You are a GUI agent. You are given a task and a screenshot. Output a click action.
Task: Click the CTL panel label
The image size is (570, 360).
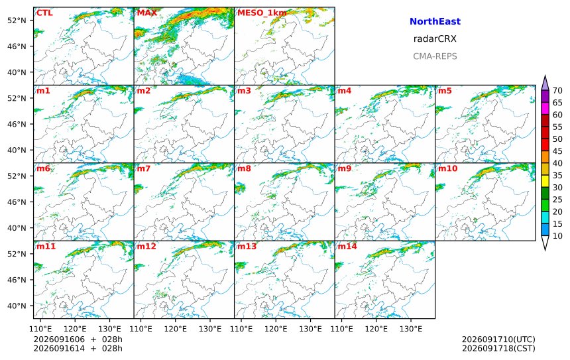coord(44,13)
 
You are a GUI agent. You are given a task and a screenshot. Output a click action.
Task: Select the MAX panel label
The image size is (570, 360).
coord(147,13)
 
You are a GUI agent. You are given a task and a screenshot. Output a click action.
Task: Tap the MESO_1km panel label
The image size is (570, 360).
coord(262,13)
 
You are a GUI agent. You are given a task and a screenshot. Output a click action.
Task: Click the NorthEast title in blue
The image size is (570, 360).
coord(435,21)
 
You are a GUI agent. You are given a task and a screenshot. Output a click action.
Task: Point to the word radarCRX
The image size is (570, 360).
coord(435,39)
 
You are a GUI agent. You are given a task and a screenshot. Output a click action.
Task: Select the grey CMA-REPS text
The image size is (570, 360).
coord(435,56)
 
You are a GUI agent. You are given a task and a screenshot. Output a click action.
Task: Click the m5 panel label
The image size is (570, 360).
coord(445,91)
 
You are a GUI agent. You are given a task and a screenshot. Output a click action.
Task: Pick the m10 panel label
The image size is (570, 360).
coord(447,168)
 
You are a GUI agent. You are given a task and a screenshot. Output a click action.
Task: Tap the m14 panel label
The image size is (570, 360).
coord(347,246)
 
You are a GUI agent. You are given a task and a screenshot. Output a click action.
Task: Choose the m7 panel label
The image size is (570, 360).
coord(143,168)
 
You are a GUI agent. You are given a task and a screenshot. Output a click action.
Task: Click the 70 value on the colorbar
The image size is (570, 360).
coord(557,91)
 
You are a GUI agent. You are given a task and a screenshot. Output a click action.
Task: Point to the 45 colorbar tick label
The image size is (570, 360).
coord(557,151)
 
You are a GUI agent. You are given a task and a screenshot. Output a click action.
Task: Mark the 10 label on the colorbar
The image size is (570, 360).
coord(557,236)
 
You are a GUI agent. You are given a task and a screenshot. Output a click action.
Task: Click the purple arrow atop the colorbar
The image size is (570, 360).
coord(545,83)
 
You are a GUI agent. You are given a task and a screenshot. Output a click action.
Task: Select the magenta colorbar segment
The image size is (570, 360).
coord(545,108)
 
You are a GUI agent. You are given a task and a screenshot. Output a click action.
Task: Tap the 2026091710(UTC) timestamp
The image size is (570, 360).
coord(498,339)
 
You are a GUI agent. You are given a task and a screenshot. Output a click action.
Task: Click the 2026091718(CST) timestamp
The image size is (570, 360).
coord(498,348)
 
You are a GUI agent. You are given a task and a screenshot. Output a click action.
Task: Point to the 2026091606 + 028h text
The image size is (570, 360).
coord(78,339)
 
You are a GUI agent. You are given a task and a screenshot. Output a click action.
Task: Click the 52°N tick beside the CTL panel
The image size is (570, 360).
coord(17,21)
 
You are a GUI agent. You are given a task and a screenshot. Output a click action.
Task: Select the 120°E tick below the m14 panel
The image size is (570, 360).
coord(376,329)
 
